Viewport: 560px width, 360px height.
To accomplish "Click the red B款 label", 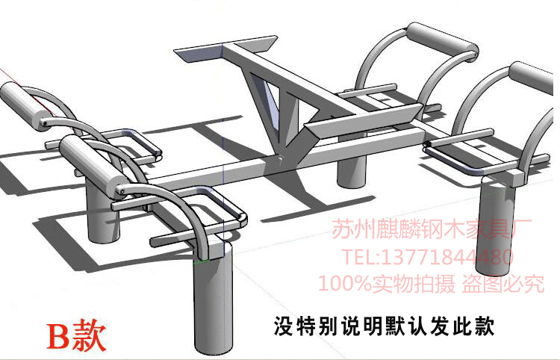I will coord(77,335).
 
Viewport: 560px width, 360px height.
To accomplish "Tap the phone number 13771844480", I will coord(448,258).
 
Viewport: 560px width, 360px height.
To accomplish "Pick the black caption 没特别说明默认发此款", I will coord(381,326).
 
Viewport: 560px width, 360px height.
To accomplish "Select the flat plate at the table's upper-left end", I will coord(200,55).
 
